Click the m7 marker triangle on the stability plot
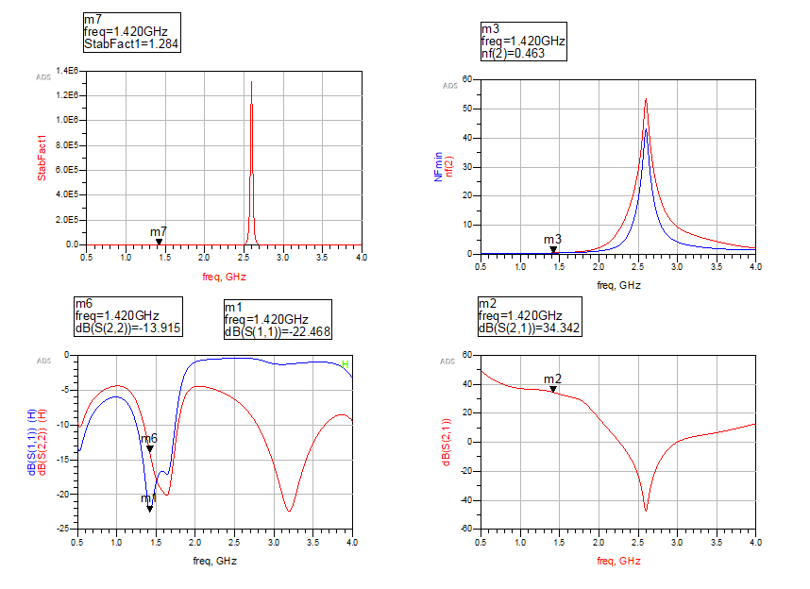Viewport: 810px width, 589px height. tap(159, 243)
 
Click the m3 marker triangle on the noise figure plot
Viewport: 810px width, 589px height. tap(553, 250)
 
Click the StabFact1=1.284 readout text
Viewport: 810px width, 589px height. tap(131, 43)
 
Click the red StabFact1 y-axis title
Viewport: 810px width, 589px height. tap(42, 158)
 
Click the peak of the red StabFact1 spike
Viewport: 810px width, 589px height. tap(251, 81)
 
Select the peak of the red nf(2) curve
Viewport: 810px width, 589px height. tap(646, 98)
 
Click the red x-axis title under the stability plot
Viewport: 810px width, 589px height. tap(224, 278)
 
